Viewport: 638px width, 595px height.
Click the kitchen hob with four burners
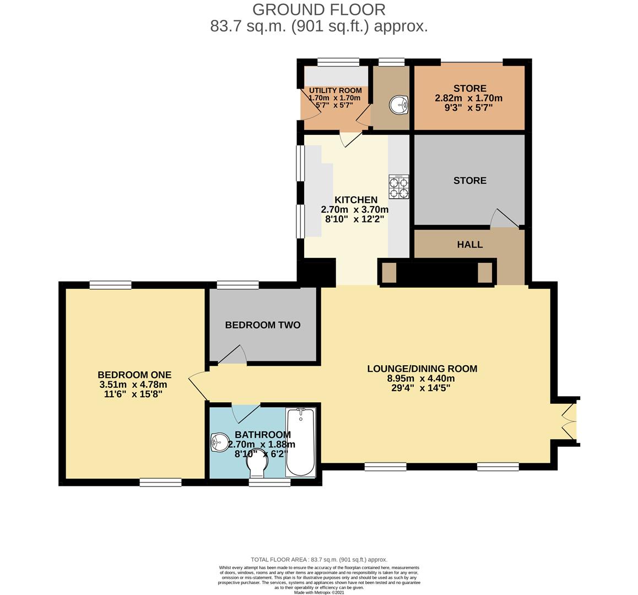click(399, 187)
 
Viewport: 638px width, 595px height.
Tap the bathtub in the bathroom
click(300, 442)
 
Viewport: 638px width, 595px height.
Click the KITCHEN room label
click(356, 200)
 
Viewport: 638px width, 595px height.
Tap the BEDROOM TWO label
click(263, 325)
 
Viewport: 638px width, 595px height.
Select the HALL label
click(470, 245)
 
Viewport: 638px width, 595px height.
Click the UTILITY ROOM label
click(335, 90)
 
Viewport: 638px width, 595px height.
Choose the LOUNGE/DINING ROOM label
click(422, 369)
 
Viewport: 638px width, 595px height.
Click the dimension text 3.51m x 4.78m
click(133, 385)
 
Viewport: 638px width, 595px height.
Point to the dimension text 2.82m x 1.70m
click(469, 98)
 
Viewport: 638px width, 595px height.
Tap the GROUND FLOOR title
click(319, 9)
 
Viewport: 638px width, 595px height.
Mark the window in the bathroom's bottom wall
click(269, 483)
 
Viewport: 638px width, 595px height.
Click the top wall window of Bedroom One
click(111, 285)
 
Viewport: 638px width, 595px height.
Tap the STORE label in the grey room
click(470, 181)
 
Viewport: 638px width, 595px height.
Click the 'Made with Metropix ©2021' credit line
click(319, 592)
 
